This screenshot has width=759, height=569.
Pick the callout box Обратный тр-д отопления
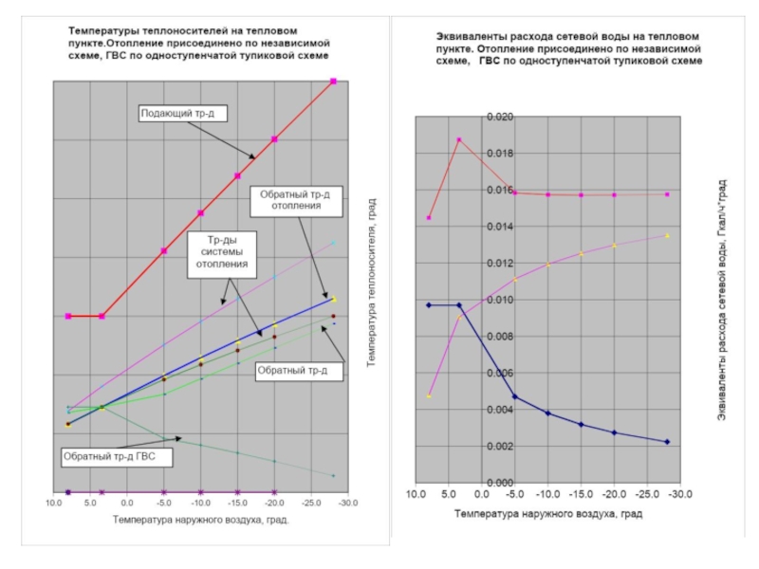click(x=293, y=200)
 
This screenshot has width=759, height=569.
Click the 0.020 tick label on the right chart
click(x=499, y=117)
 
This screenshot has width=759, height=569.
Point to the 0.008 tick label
click(x=499, y=337)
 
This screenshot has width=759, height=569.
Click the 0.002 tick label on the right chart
click(x=499, y=446)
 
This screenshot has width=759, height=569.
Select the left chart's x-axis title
click(x=199, y=521)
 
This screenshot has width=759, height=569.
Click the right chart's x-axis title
click(x=547, y=514)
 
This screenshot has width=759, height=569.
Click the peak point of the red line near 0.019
click(x=459, y=139)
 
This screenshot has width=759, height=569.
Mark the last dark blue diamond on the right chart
click(x=667, y=442)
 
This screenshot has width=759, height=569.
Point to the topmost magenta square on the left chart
click(x=333, y=82)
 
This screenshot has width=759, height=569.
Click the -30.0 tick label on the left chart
click(x=347, y=505)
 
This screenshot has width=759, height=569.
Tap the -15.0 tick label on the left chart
click(x=237, y=505)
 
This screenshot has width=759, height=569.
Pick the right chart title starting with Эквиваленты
click(x=562, y=46)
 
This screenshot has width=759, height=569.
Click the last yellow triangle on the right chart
click(x=667, y=235)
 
